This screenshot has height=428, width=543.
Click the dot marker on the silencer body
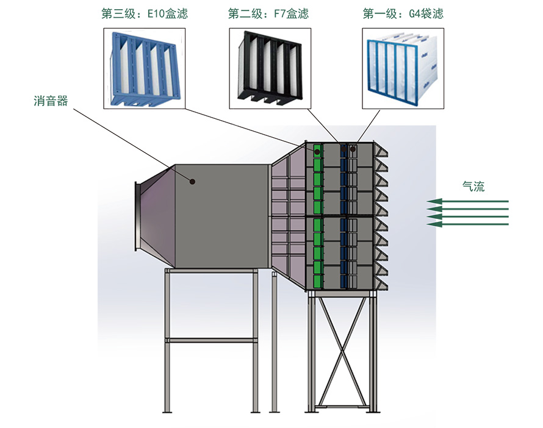pyautogui.click(x=193, y=181)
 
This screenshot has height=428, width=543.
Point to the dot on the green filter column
pyautogui.click(x=317, y=151)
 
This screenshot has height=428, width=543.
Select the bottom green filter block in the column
pyautogui.click(x=317, y=280)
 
